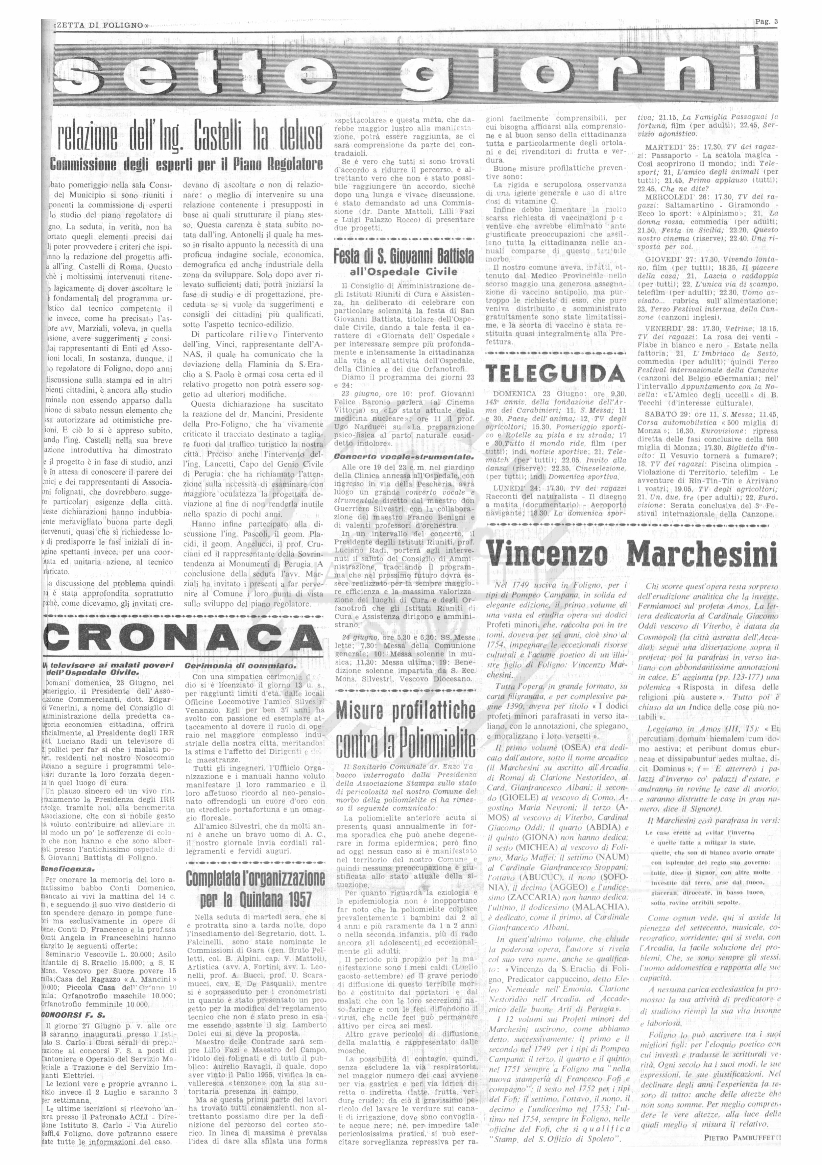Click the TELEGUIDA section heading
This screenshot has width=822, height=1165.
tap(555, 374)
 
